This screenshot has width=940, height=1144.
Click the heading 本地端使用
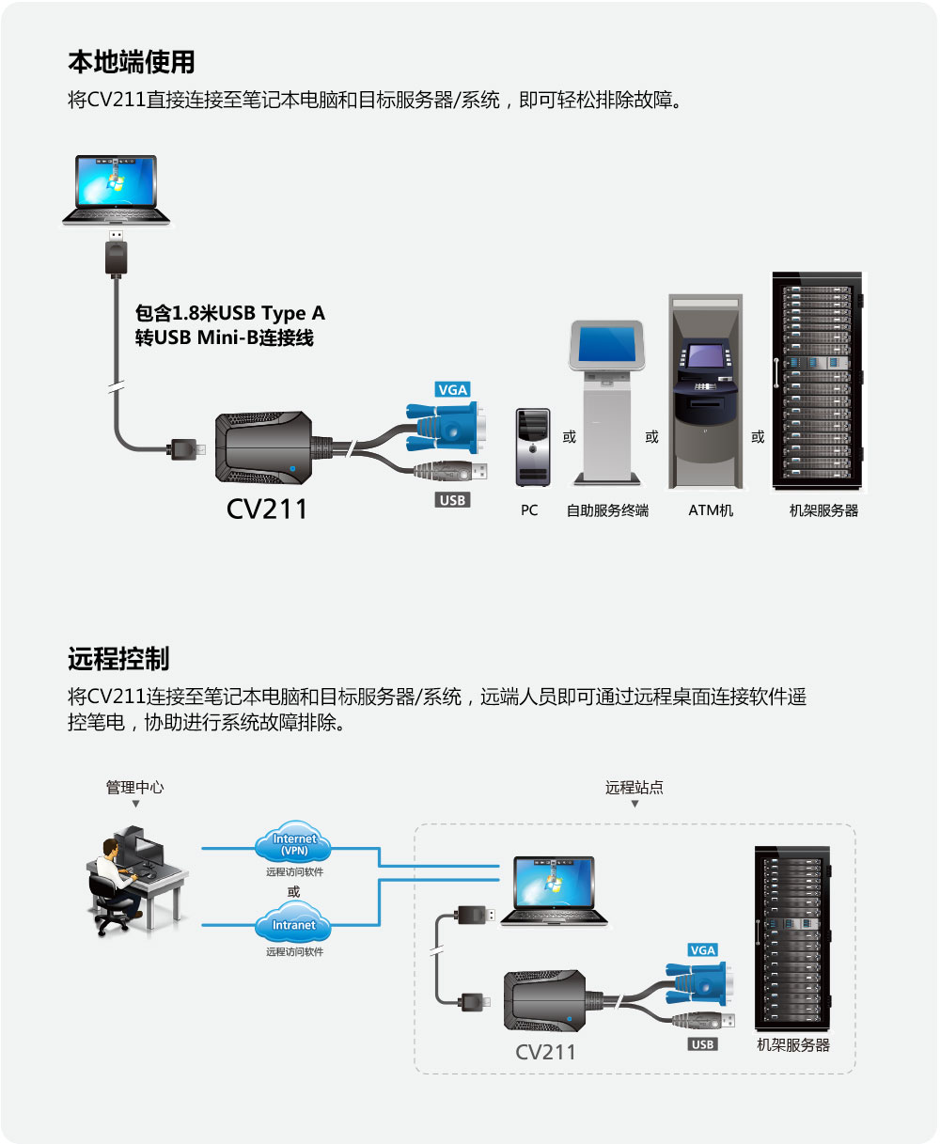coord(132,62)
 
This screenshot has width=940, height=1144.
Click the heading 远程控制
coord(118,658)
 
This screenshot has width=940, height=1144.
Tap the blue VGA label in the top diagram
coord(452,389)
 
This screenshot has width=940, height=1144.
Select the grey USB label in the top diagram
coord(452,500)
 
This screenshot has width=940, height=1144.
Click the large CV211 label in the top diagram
coord(268,509)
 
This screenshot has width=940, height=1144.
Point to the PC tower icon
coord(533,447)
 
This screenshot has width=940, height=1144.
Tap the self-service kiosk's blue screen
coord(607,345)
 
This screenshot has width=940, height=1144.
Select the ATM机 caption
coord(711,510)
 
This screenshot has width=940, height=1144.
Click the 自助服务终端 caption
coord(607,510)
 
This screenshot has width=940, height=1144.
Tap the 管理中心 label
coord(134,787)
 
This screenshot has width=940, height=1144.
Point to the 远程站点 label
coord(634,787)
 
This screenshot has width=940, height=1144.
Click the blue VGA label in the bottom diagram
coord(703,949)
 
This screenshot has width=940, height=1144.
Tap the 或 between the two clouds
coord(294,891)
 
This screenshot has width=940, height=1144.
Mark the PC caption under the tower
coord(529,510)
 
